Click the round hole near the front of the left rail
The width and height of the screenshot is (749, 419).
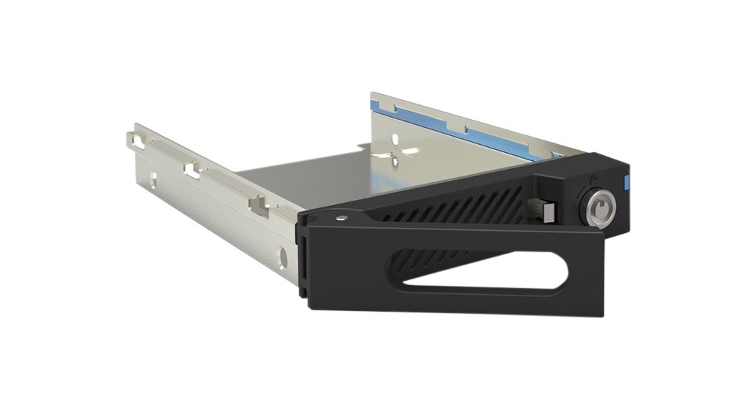tap(284, 257)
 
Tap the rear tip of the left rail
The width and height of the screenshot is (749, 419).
tap(126, 134)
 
